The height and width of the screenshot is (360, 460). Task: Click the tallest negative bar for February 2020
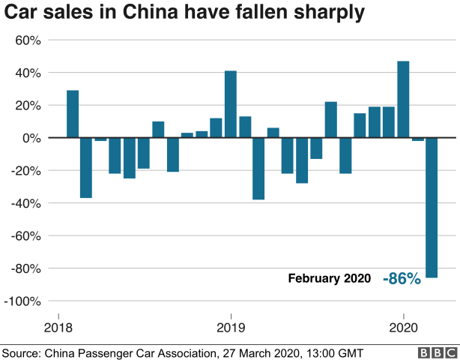[432, 208]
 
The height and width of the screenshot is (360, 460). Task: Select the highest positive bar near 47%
[403, 100]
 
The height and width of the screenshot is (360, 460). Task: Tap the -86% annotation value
[402, 278]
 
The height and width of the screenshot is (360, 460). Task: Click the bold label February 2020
[330, 278]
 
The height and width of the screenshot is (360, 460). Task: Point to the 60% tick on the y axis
[28, 40]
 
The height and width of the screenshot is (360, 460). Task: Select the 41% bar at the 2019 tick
[231, 104]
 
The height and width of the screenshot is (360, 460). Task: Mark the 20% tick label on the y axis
[28, 106]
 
